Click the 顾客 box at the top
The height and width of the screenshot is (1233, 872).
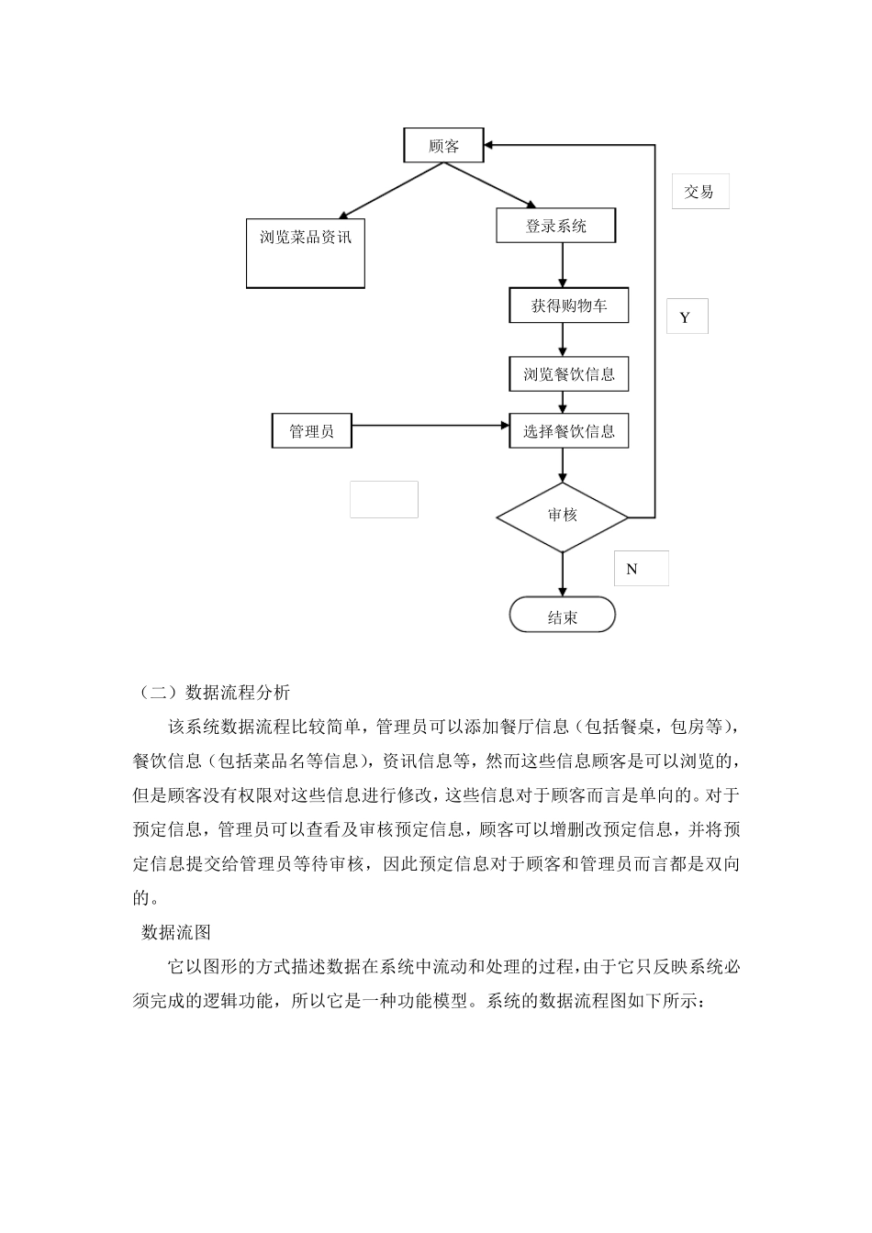(444, 146)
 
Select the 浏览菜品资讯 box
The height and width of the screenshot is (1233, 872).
(306, 252)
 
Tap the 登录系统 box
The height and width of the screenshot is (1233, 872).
(555, 226)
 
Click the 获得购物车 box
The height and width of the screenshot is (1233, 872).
(569, 305)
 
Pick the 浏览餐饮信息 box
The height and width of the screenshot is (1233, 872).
(569, 374)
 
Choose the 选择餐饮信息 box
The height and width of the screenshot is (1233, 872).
(569, 431)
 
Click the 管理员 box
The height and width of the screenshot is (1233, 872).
(312, 431)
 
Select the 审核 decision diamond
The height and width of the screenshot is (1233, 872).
(563, 517)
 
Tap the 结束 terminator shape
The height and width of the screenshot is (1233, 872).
(563, 616)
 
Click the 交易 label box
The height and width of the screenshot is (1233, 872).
(699, 192)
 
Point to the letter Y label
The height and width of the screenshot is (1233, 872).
(686, 317)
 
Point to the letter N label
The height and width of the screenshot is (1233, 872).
(632, 569)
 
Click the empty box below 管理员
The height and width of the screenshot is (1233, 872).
(384, 499)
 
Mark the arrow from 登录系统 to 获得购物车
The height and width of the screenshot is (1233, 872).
(563, 266)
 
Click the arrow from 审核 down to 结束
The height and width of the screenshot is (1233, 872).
(563, 575)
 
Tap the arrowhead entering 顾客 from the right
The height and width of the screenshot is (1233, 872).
(490, 145)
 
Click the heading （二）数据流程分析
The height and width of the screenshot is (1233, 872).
(212, 692)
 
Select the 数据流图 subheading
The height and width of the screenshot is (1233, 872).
(176, 932)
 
